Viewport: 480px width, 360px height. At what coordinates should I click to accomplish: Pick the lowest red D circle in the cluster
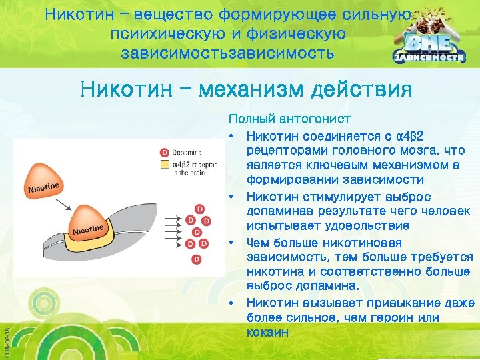tap(195, 258)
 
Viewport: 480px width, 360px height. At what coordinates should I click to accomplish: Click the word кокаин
tap(267, 331)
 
